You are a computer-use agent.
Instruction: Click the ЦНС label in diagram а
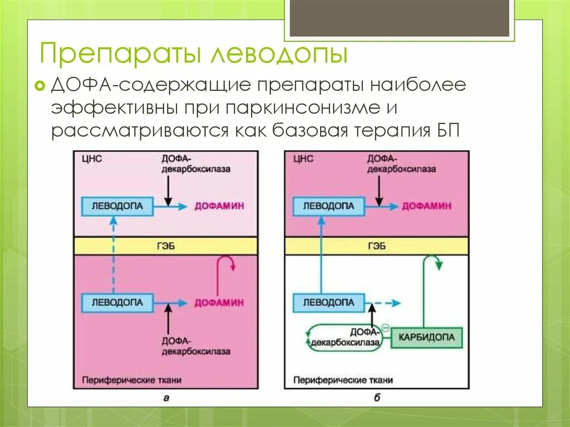tap(91, 159)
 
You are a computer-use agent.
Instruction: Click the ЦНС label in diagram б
tap(303, 159)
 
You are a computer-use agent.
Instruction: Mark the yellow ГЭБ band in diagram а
tap(165, 246)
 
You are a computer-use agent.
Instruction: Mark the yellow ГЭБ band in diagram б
tap(376, 246)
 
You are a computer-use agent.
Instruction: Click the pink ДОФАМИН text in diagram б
tap(427, 206)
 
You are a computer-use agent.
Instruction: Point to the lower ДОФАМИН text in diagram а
tap(219, 303)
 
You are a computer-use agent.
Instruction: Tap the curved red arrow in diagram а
tap(227, 264)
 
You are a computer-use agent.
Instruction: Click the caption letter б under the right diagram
tap(377, 397)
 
